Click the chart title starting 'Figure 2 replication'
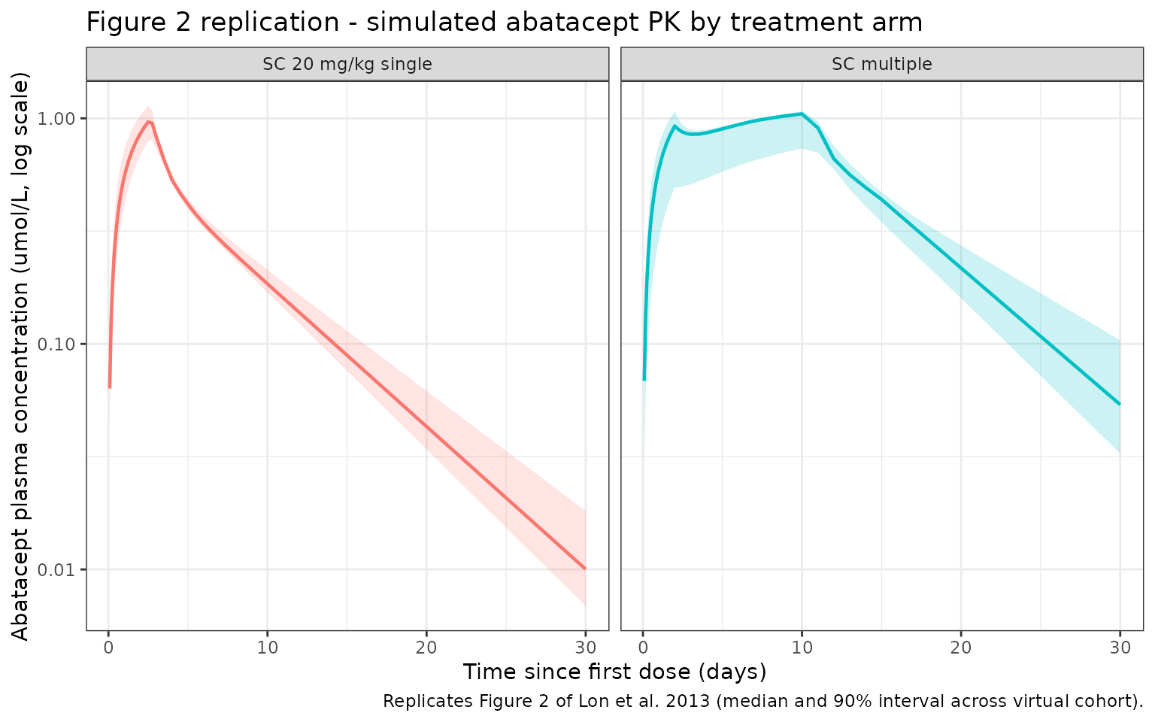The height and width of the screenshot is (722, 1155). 504,23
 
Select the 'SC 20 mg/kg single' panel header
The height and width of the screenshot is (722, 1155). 347,64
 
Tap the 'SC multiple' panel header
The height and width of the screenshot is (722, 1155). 881,64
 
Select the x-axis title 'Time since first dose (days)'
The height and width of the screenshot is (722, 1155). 614,672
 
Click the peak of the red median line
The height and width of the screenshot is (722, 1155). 149,121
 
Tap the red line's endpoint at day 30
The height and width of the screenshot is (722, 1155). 585,569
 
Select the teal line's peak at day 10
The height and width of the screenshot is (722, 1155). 802,114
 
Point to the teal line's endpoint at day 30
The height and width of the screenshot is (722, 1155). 1120,404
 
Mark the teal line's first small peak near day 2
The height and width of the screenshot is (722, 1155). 675,126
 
